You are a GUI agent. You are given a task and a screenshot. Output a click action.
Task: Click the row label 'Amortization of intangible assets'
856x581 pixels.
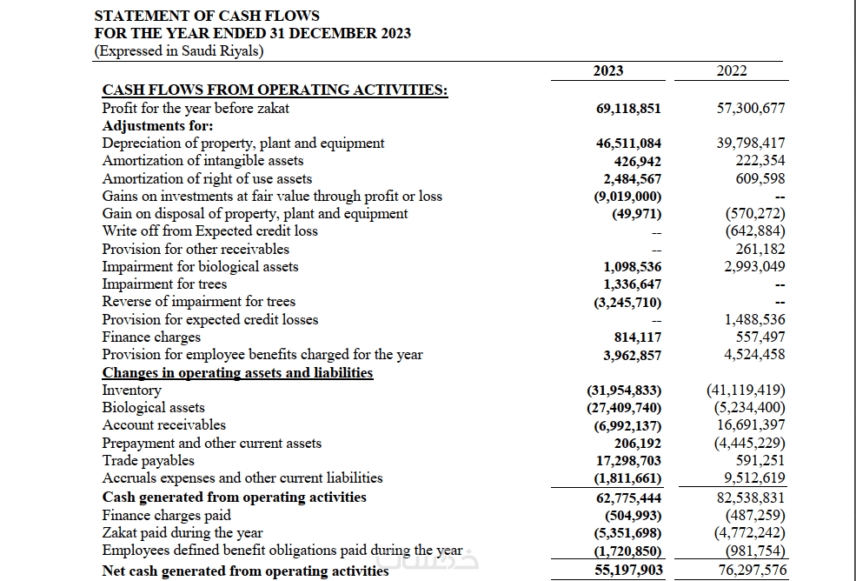tap(202, 161)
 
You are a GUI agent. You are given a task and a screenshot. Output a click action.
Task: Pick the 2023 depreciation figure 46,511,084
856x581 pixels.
tap(628, 144)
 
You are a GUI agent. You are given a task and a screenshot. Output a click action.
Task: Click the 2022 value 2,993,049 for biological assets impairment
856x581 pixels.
tap(754, 266)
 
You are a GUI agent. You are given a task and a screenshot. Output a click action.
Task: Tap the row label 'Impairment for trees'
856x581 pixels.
tap(164, 284)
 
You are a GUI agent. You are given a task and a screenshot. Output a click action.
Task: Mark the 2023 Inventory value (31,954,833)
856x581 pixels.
tap(624, 391)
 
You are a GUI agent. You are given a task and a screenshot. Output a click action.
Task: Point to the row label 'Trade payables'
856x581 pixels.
tap(148, 461)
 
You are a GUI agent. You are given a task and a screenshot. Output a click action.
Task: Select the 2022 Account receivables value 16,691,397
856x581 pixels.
tap(751, 425)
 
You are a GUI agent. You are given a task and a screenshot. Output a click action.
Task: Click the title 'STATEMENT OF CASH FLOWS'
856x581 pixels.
tap(206, 16)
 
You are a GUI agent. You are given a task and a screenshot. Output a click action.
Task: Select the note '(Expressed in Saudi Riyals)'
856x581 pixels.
tap(178, 50)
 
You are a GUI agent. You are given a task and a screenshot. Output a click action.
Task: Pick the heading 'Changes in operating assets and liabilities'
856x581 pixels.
tap(237, 373)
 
